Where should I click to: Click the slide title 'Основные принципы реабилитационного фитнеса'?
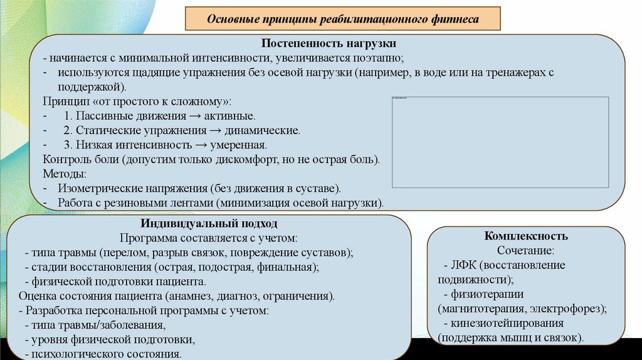click(x=343, y=19)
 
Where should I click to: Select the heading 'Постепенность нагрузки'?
click(x=329, y=45)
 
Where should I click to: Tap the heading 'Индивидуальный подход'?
click(x=209, y=223)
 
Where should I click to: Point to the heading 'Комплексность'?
click(x=526, y=236)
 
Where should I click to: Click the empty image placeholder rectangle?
click(x=500, y=142)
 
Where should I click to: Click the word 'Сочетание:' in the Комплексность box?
click(x=526, y=250)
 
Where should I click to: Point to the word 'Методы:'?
click(x=65, y=174)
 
